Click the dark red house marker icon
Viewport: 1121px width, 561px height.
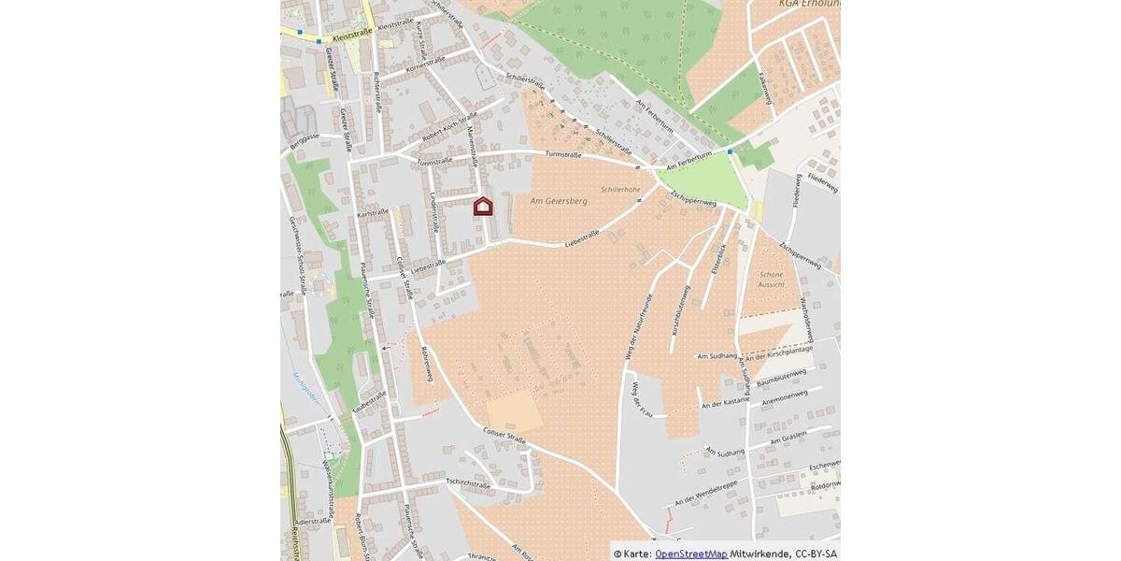tap(482, 207)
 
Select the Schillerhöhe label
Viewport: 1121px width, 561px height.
tap(620, 189)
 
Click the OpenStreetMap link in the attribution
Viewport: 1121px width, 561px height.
tap(690, 554)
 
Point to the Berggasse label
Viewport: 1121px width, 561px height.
tap(304, 137)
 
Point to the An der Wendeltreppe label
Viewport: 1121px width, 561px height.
tap(706, 501)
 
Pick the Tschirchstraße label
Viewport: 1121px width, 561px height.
tap(468, 483)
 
